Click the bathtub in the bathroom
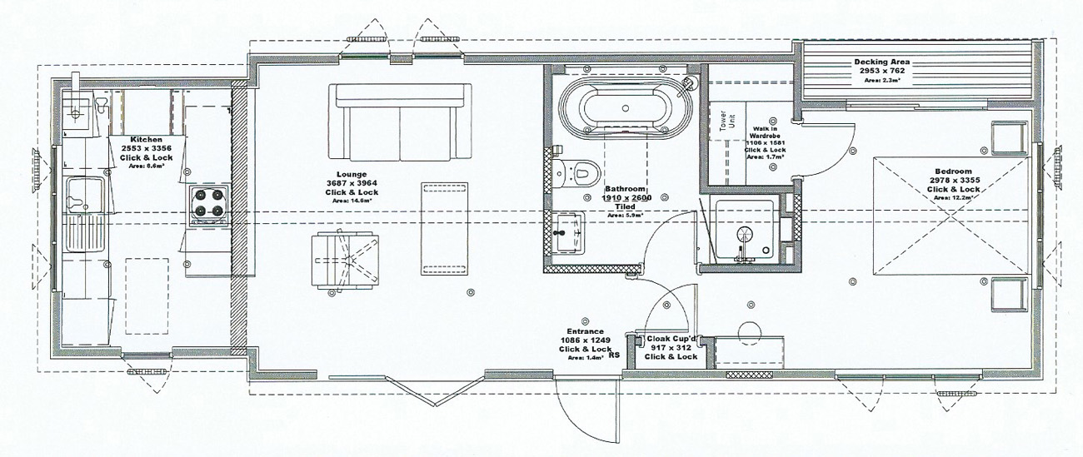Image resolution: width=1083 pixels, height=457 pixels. click(625, 107)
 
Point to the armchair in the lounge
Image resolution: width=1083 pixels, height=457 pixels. click(342, 261)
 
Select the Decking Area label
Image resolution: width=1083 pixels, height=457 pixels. click(881, 62)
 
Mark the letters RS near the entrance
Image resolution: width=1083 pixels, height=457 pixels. click(615, 355)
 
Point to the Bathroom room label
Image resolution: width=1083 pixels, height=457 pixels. click(627, 190)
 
